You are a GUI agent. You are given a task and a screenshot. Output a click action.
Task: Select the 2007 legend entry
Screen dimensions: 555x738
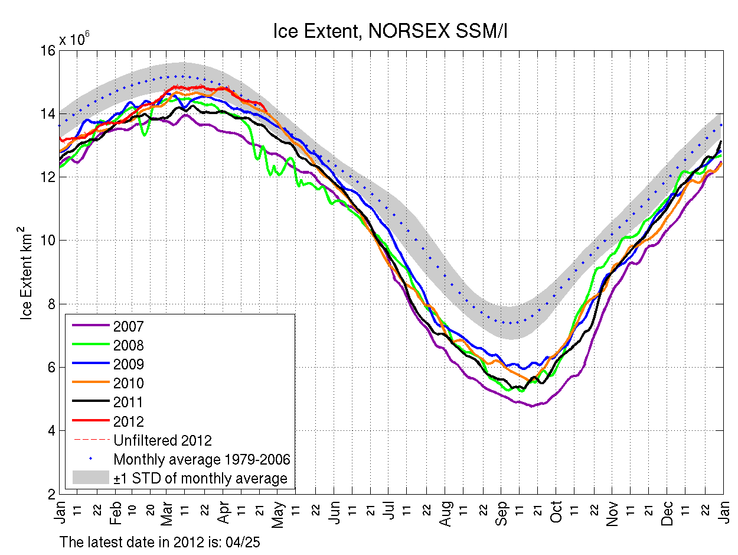(x=129, y=326)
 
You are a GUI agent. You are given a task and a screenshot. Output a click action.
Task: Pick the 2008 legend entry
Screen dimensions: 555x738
(x=129, y=345)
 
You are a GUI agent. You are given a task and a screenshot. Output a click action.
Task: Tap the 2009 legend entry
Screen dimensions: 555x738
(x=129, y=364)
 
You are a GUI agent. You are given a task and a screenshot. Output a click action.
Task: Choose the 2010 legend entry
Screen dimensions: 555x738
(x=129, y=383)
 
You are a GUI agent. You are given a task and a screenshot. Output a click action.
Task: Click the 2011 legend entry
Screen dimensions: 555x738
(x=129, y=403)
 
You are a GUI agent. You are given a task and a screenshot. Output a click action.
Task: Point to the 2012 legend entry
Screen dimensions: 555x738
(x=129, y=421)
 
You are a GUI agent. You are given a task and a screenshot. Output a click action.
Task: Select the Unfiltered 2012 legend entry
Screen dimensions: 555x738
(x=162, y=440)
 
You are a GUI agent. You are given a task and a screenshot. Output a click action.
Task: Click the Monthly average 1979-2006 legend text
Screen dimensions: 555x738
(x=201, y=459)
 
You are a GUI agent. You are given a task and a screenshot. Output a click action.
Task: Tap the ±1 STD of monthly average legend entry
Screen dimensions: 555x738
(x=200, y=478)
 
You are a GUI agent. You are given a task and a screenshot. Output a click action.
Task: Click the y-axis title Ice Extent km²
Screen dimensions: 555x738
(x=27, y=272)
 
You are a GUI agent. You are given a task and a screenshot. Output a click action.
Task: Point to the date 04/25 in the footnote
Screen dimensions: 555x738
(x=252, y=541)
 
